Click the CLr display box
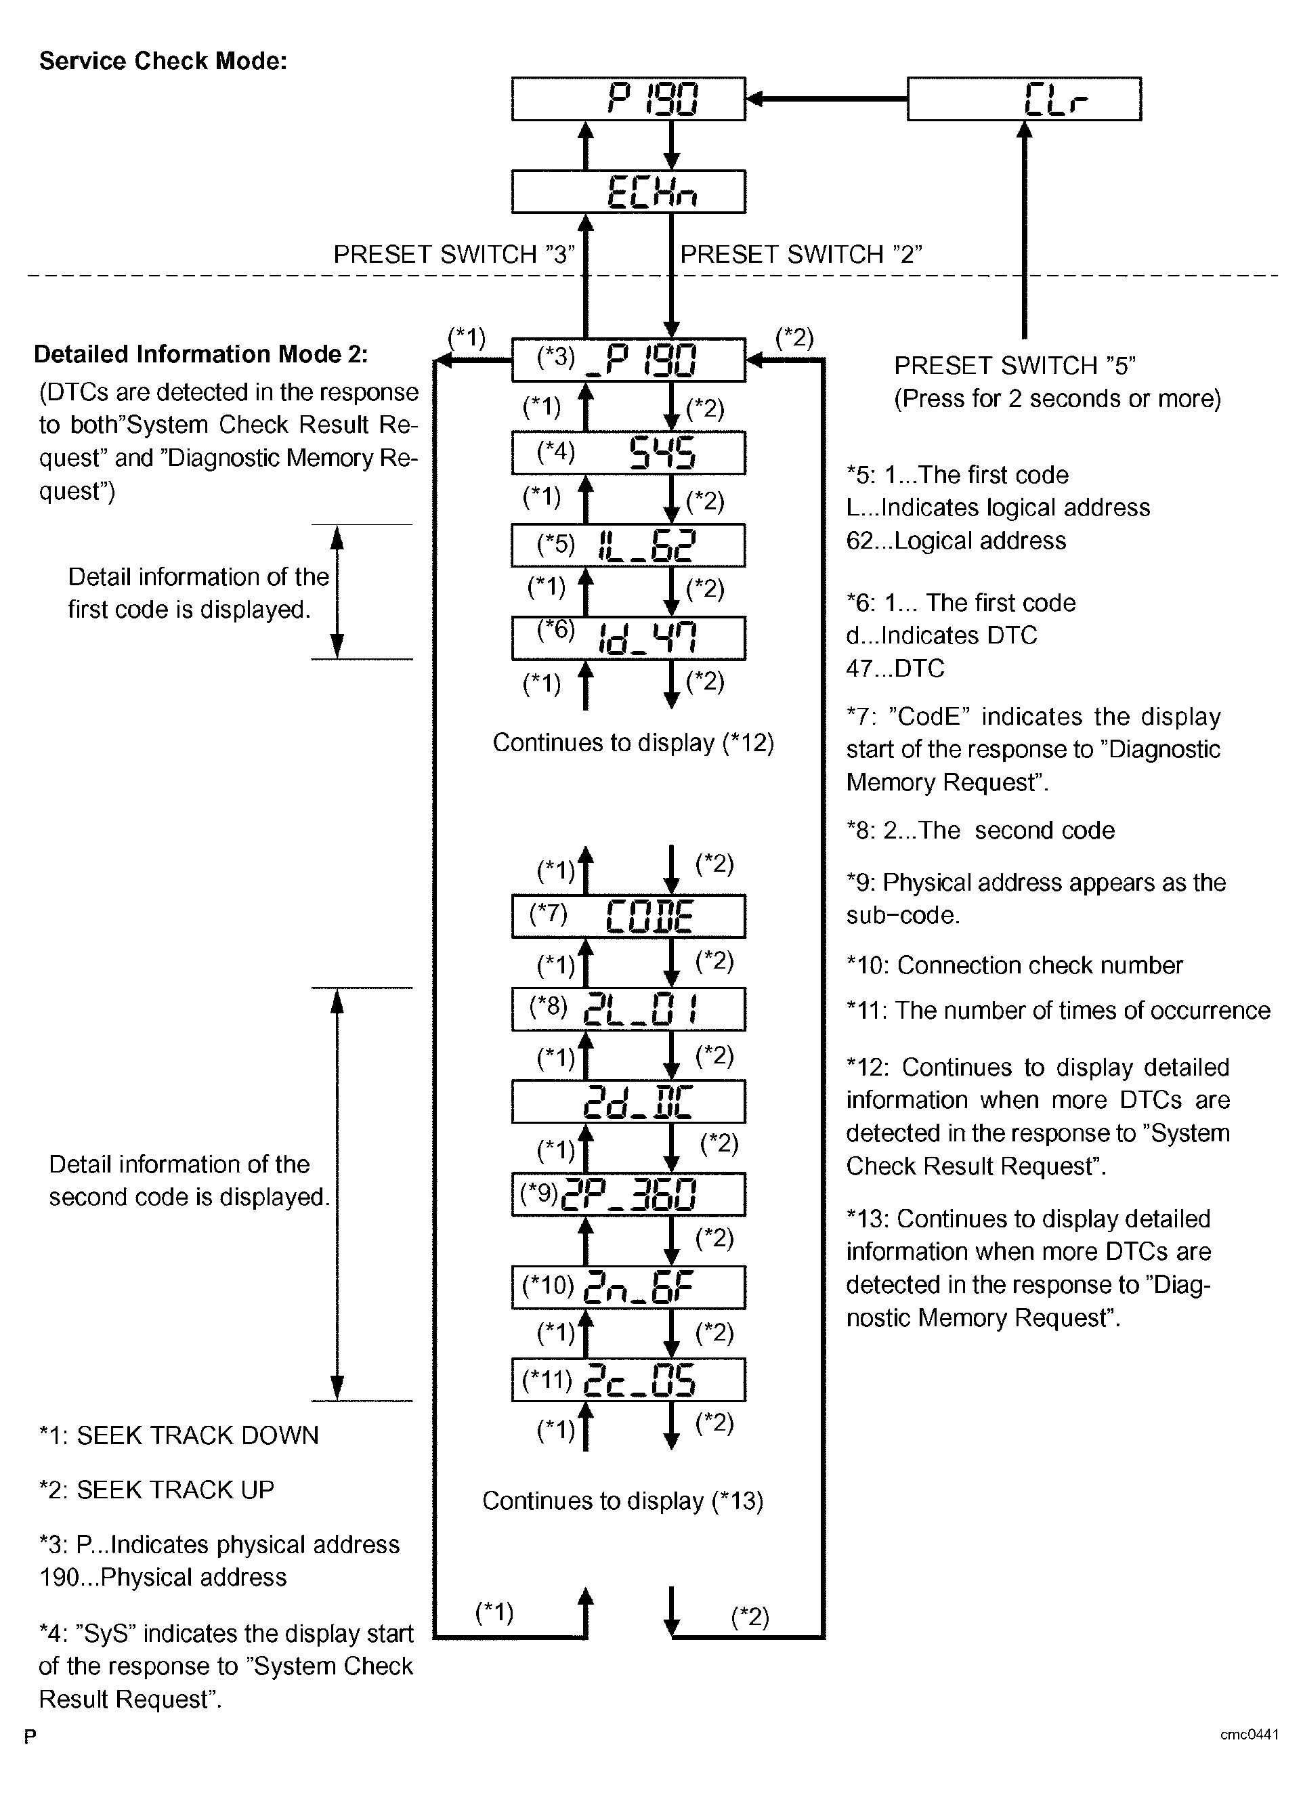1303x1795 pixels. click(1024, 99)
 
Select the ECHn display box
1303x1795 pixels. click(628, 192)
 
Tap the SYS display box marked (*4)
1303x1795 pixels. click(628, 452)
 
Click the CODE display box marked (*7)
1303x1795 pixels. click(628, 916)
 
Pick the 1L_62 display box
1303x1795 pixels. click(628, 545)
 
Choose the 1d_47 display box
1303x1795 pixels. click(628, 638)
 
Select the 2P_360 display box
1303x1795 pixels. click(628, 1194)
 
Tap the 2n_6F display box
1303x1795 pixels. click(628, 1287)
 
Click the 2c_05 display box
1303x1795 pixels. click(628, 1380)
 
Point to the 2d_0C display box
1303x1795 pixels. click(628, 1101)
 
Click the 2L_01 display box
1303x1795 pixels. click(628, 1009)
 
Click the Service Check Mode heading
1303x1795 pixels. click(163, 61)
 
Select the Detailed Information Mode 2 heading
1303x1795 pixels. click(201, 354)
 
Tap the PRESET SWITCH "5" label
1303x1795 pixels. click(1015, 366)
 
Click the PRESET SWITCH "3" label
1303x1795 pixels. click(453, 254)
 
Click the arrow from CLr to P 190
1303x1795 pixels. click(826, 99)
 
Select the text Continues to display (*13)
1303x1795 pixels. click(622, 1502)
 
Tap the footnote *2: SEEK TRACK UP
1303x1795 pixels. click(156, 1490)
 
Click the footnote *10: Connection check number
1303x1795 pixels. click(1014, 965)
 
